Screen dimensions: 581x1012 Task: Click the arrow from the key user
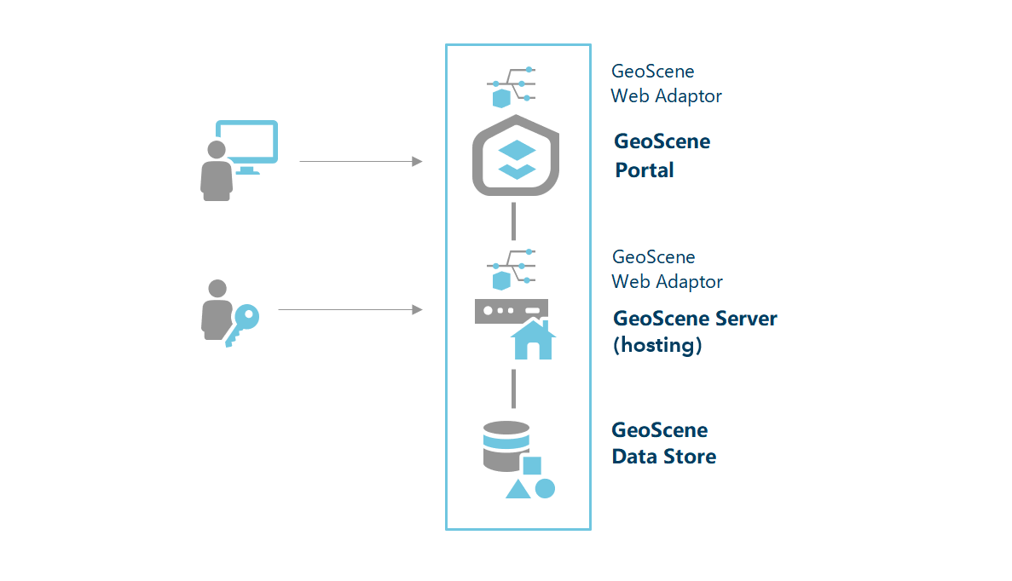coord(350,310)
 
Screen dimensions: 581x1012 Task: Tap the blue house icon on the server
coord(533,339)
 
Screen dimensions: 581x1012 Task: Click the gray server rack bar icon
coord(510,311)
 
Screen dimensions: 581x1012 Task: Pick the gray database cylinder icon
coord(505,446)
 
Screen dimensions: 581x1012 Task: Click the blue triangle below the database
coord(518,489)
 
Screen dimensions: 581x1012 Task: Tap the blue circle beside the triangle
coord(545,488)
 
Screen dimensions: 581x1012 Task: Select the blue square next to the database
coord(532,465)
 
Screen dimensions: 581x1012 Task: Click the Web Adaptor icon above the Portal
coord(512,85)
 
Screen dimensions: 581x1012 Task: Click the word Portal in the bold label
coord(645,170)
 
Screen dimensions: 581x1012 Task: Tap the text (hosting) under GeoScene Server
coord(657,345)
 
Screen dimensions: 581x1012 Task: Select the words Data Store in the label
coord(663,457)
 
